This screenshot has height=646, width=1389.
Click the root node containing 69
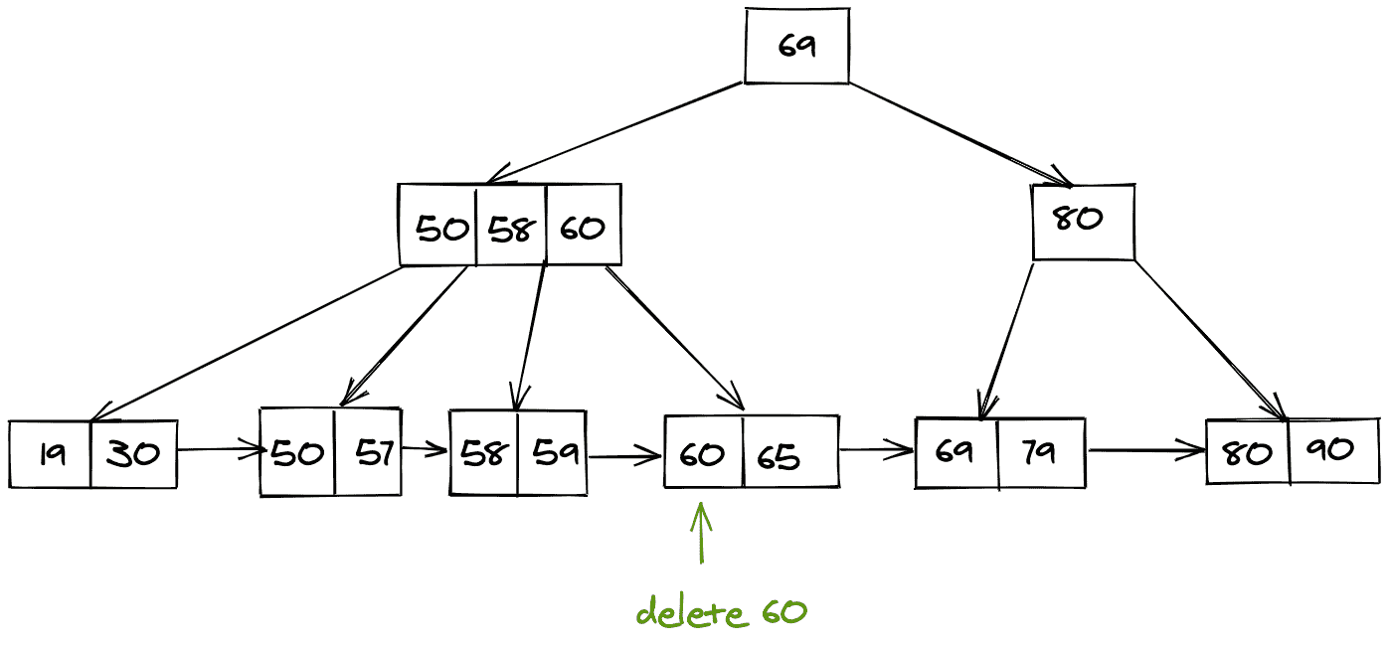pyautogui.click(x=796, y=46)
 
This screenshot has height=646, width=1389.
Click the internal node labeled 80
pyautogui.click(x=1082, y=221)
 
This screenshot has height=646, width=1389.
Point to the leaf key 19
pyautogui.click(x=51, y=454)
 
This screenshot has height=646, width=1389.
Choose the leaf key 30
pyautogui.click(x=133, y=454)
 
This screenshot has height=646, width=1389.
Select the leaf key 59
pyautogui.click(x=552, y=453)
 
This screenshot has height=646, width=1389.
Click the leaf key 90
pyautogui.click(x=1331, y=450)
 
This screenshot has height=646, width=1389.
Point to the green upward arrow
pyautogui.click(x=702, y=534)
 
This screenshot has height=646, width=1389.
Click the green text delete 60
pyautogui.click(x=721, y=612)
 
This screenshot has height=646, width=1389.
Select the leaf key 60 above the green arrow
pyautogui.click(x=703, y=454)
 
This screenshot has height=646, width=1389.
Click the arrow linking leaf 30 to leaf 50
pyautogui.click(x=219, y=450)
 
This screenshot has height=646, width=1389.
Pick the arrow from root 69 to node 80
pyautogui.click(x=959, y=134)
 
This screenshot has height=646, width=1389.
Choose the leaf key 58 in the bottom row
pyautogui.click(x=484, y=453)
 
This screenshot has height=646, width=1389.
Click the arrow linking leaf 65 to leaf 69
pyautogui.click(x=877, y=451)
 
